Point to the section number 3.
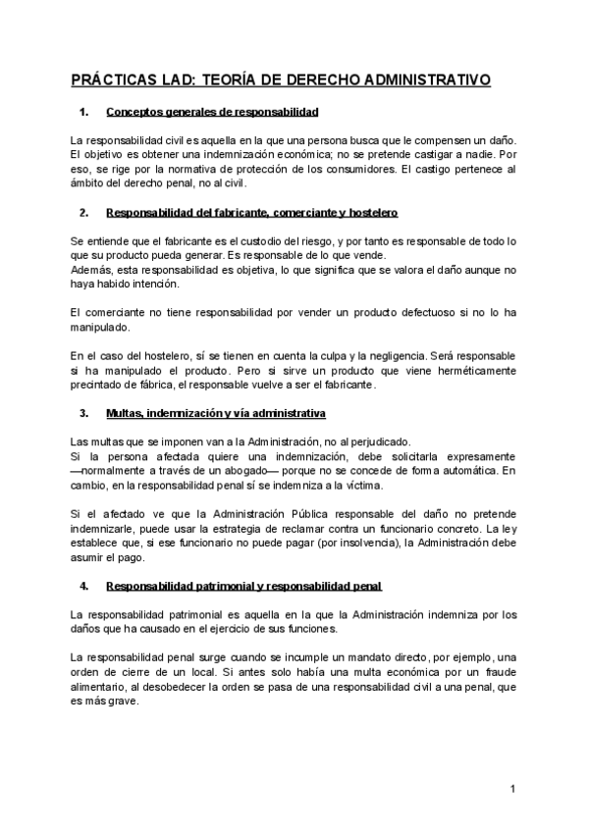click(83, 413)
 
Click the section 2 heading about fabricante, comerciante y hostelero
click(251, 213)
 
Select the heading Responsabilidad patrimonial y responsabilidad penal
click(243, 587)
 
